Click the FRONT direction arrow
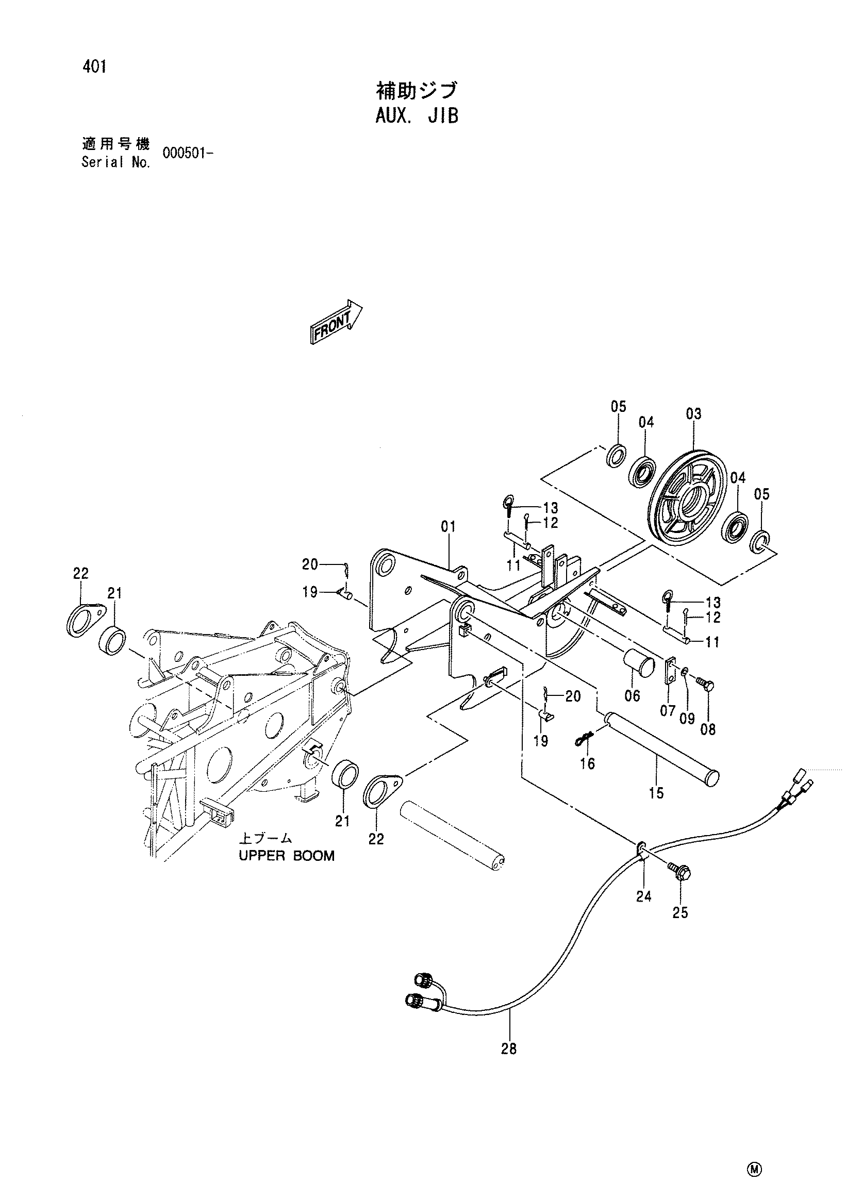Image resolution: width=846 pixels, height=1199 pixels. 336,322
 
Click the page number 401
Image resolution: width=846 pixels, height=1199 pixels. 94,68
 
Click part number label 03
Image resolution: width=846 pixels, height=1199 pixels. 693,414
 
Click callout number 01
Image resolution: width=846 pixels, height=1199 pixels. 448,527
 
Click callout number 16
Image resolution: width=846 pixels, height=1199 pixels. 588,763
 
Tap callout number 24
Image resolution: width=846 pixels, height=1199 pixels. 644,896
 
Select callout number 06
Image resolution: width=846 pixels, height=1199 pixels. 632,695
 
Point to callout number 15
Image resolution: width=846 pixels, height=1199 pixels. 656,793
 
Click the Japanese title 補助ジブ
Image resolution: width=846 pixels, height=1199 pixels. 417,90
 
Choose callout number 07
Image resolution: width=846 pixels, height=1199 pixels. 668,711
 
